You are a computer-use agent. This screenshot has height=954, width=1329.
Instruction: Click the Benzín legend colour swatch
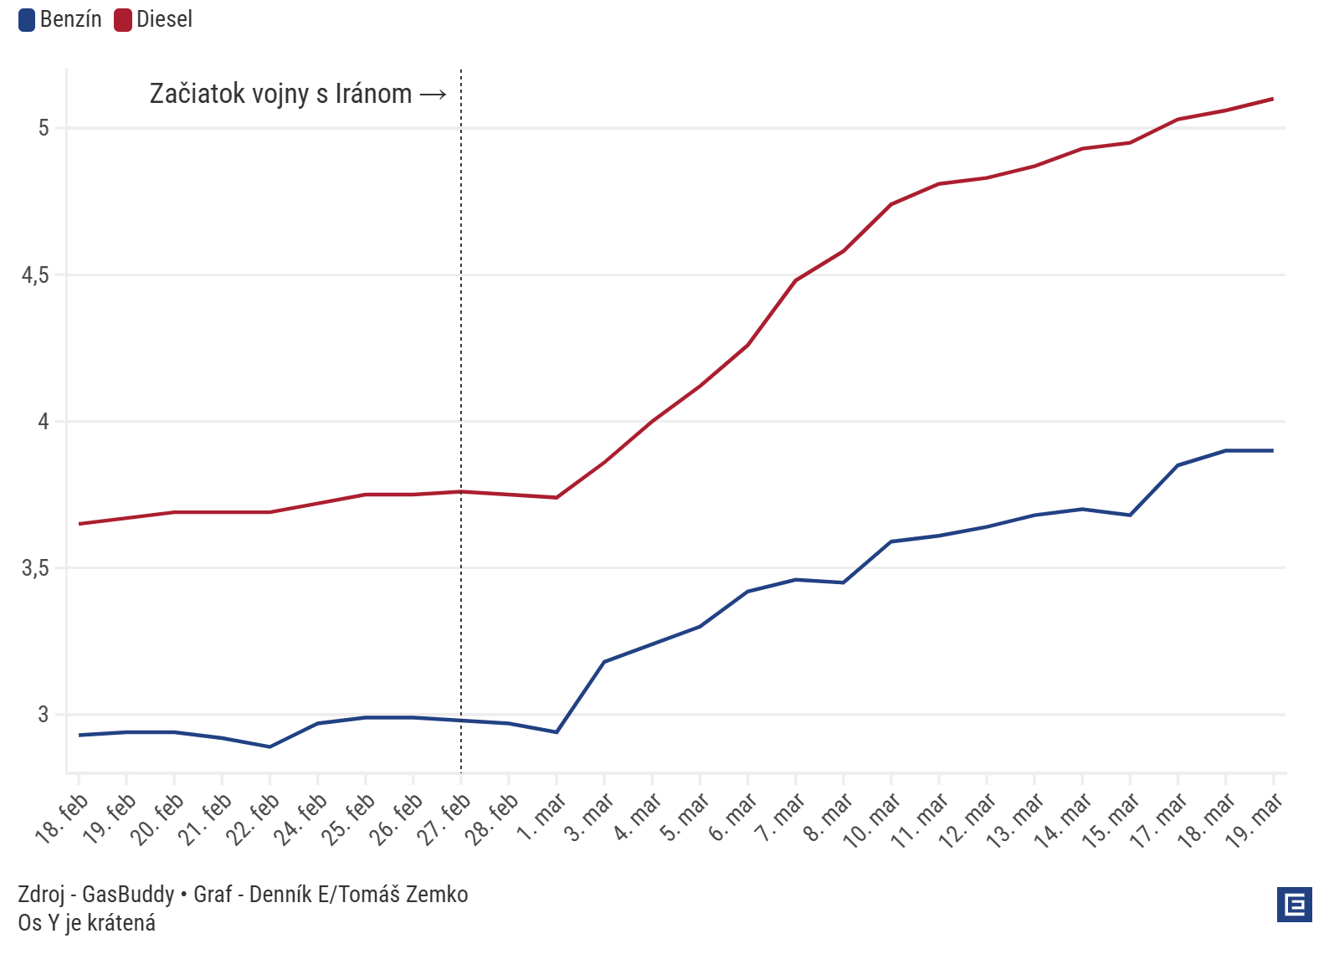[x=27, y=19]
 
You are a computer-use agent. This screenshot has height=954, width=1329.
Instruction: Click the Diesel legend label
[x=164, y=19]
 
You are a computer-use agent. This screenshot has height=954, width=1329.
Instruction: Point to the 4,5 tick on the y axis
[x=35, y=275]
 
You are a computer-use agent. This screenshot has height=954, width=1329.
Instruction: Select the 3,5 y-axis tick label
[x=35, y=568]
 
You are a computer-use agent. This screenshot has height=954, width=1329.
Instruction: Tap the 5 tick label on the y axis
[x=44, y=128]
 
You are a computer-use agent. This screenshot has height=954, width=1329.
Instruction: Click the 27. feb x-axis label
[x=444, y=820]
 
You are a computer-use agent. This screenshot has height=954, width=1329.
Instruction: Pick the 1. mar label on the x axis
[x=541, y=818]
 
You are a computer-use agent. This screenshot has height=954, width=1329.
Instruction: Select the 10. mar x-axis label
[x=872, y=821]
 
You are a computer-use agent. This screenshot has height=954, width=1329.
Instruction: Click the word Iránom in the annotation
[x=373, y=94]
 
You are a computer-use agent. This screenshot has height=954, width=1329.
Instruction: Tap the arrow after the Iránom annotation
[x=433, y=95]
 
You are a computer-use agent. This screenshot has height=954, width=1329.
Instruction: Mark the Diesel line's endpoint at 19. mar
[x=1273, y=99]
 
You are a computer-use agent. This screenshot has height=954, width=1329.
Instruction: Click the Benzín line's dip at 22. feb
[x=269, y=746]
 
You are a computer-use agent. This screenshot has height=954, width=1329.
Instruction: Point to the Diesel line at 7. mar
[x=795, y=280]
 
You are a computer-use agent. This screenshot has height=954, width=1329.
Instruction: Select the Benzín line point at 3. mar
[x=604, y=662]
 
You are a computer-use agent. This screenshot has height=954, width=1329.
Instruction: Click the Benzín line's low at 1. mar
[x=557, y=732]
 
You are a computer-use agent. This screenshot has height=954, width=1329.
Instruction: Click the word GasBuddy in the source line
[x=128, y=895]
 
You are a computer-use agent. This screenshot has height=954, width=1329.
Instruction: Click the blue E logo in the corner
[x=1294, y=905]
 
